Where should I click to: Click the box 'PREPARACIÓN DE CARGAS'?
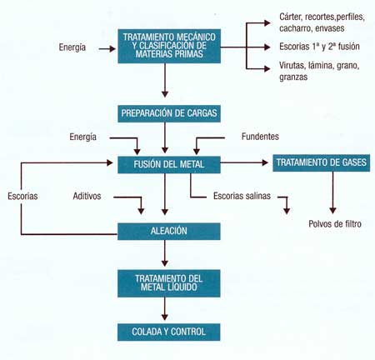pos(169,113)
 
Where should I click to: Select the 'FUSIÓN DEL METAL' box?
pos(169,165)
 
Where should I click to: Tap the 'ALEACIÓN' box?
pos(169,231)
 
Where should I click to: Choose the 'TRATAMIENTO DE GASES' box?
pos(322,162)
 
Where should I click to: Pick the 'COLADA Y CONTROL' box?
pos(169,332)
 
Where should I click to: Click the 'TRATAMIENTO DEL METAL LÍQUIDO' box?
pos(169,283)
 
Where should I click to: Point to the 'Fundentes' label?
pos(260,137)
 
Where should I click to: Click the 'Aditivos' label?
pos(87,196)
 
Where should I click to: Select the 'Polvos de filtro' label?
pos(335,223)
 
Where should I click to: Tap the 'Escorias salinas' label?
pos(242,196)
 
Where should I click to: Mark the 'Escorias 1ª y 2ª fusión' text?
pos(319,47)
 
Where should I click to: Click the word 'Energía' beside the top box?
pos(72,47)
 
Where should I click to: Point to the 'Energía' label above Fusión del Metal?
pos(82,137)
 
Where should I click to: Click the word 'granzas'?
pos(293,77)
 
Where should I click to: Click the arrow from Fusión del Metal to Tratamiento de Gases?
pos(244,162)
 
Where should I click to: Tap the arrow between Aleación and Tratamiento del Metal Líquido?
pos(165,253)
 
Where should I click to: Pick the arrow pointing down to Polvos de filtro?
pos(332,192)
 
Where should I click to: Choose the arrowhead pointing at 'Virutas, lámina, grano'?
pos(267,68)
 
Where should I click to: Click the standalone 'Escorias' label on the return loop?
pos(22,196)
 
